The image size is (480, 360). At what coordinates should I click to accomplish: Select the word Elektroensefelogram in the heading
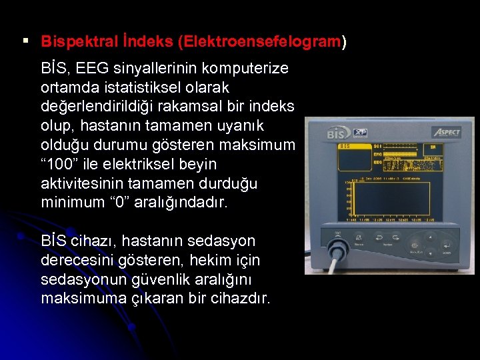pos(259,41)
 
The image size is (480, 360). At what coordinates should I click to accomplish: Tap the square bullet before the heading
pos(25,41)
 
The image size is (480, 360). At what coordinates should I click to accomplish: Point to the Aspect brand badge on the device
pos(446,131)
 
